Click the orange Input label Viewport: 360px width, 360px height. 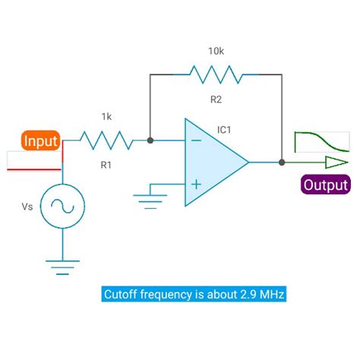(x=41, y=141)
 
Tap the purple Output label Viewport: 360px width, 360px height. (x=325, y=185)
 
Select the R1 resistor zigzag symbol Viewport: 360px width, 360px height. (x=106, y=141)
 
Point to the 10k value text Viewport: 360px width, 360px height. (x=216, y=51)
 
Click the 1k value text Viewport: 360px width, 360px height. (x=107, y=117)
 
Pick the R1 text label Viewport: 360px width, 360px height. (x=107, y=163)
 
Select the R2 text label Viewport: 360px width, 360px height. (x=216, y=99)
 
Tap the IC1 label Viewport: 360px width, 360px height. (x=224, y=130)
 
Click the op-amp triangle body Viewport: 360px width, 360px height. (x=213, y=162)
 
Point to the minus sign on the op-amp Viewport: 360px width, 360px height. (x=195, y=141)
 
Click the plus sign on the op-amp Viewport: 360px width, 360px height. (x=195, y=183)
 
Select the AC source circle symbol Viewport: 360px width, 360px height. (x=62, y=206)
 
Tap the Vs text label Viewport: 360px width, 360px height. (x=26, y=206)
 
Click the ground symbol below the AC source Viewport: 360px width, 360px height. (x=62, y=266)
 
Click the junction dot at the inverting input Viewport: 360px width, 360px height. (x=150, y=141)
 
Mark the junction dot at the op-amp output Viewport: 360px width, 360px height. (x=282, y=162)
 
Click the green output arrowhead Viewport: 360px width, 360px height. (x=335, y=162)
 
